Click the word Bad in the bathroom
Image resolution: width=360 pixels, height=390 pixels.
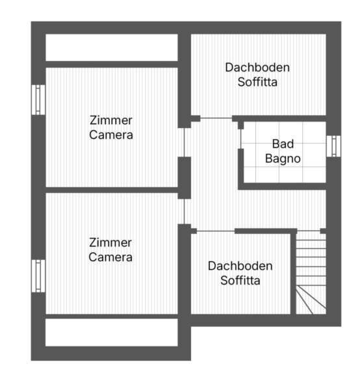(283, 144)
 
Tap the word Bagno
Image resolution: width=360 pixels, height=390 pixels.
(283, 159)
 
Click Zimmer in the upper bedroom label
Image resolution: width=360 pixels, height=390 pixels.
(111, 120)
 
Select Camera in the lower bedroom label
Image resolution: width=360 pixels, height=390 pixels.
(110, 257)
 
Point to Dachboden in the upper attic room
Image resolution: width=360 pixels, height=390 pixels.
(257, 68)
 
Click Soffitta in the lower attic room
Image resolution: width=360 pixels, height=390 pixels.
(240, 281)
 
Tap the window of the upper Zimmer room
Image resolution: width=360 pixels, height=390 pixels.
(38, 99)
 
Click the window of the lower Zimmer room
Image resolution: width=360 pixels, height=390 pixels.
(38, 276)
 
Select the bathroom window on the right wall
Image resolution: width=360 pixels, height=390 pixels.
(333, 146)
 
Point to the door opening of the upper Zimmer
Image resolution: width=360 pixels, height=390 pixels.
(185, 142)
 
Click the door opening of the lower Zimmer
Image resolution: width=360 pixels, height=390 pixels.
(185, 211)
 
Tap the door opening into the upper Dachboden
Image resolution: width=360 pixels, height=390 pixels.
(216, 118)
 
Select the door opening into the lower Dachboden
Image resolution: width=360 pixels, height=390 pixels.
(216, 231)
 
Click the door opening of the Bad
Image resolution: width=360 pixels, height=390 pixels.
(240, 139)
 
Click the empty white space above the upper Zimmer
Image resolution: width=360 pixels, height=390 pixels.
(112, 47)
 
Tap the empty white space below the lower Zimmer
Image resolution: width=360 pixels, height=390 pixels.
(112, 332)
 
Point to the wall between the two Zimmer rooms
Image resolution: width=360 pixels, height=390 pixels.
(112, 190)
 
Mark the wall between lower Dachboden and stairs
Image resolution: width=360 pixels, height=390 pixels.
(293, 272)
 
